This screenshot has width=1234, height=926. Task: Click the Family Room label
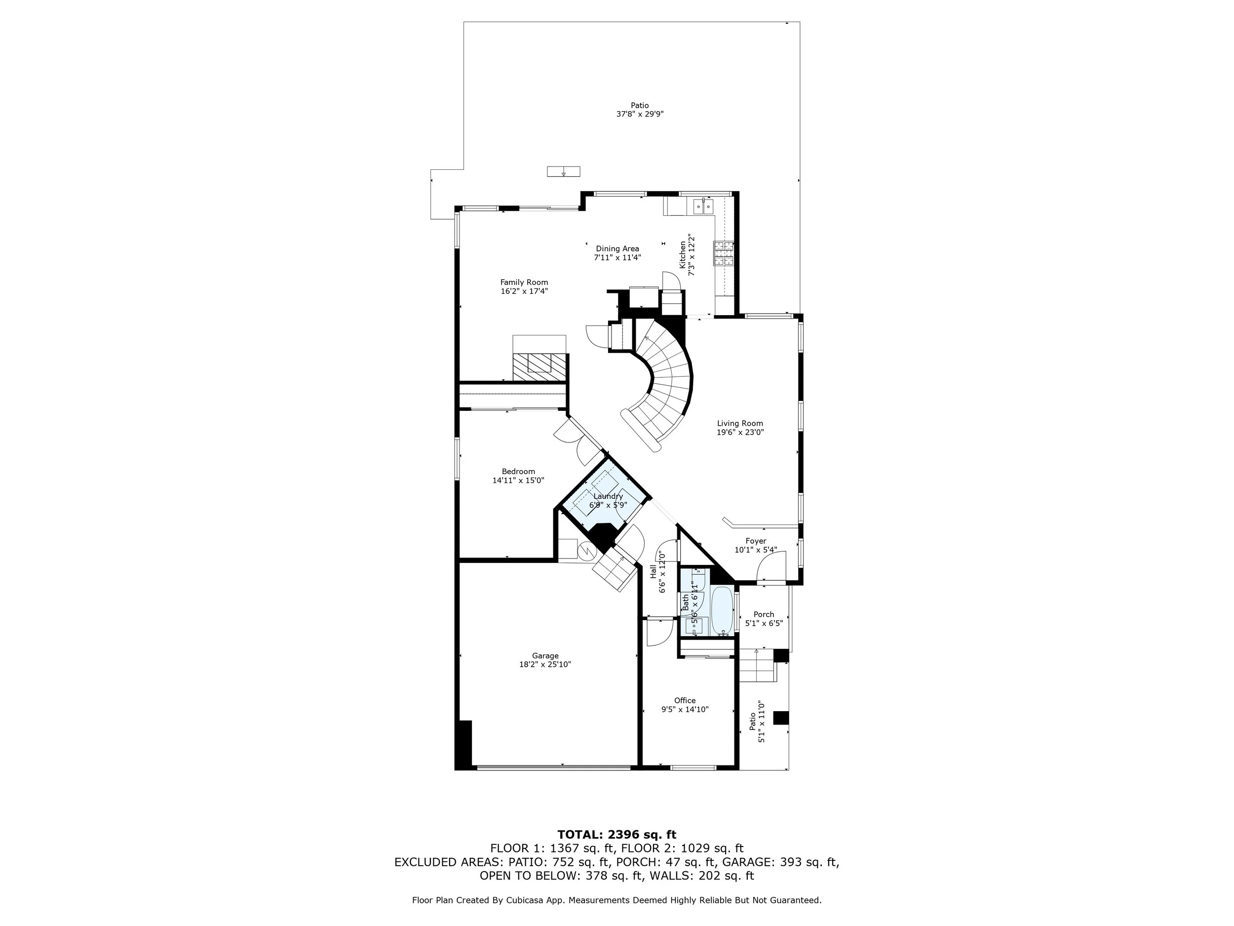(524, 282)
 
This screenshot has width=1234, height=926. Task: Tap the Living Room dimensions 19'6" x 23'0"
(740, 432)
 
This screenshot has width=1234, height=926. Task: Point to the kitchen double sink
(703, 206)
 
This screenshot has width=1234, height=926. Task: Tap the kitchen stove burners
(723, 253)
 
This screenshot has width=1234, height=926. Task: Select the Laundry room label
(608, 496)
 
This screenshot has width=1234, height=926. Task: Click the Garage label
(545, 656)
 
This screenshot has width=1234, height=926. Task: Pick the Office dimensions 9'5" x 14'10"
(685, 709)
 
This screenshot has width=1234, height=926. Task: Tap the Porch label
(764, 614)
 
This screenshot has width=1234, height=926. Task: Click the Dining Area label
(617, 249)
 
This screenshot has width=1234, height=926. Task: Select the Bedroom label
(518, 472)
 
